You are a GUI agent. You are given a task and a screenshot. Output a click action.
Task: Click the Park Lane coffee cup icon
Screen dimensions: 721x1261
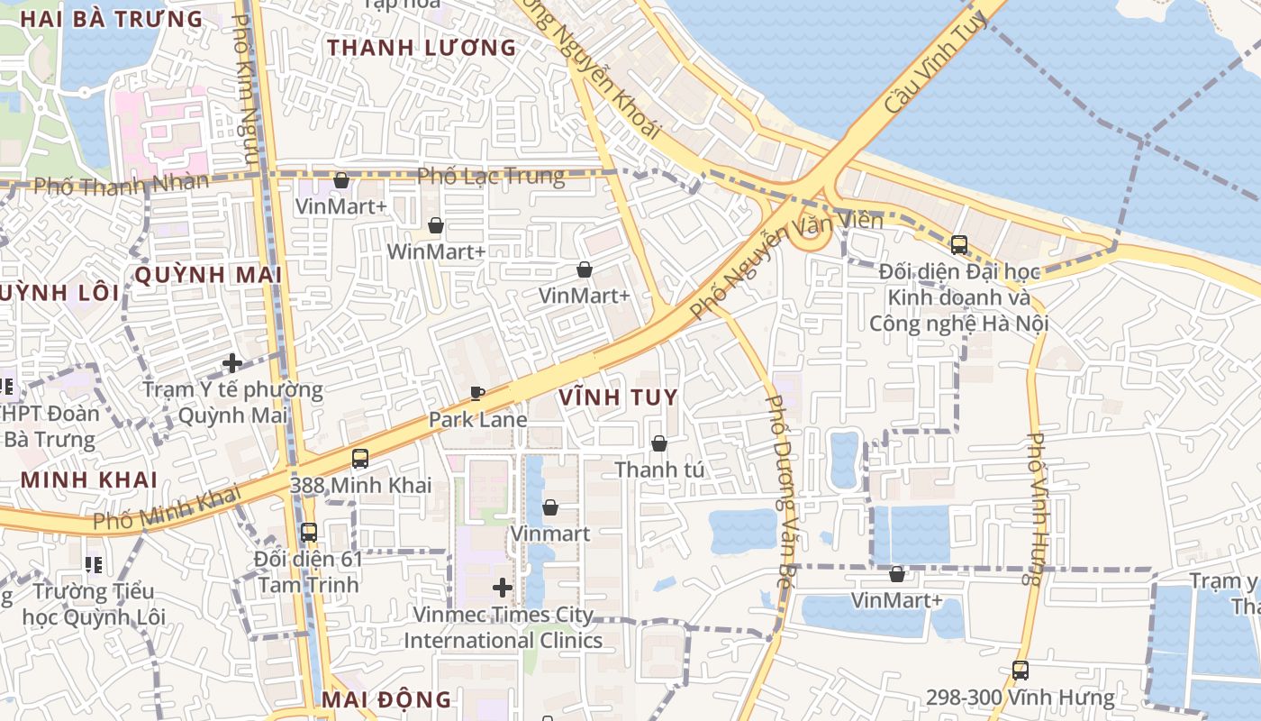click(477, 394)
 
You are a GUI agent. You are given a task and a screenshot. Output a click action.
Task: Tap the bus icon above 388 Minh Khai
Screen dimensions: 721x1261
click(360, 459)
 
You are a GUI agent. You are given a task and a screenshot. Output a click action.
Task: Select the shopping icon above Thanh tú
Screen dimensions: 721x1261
click(659, 443)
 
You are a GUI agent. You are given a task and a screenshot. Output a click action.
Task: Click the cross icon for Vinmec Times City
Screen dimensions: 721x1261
click(503, 589)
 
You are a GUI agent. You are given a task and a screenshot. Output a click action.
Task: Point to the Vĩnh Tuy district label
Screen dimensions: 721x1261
click(618, 397)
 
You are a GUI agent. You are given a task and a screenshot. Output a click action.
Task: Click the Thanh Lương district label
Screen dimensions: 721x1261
click(422, 48)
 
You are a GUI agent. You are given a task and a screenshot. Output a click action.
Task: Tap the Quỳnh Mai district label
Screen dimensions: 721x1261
click(208, 275)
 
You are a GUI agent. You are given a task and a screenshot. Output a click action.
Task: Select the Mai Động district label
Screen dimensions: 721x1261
click(386, 699)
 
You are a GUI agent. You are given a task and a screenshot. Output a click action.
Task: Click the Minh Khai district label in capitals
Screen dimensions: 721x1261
click(89, 479)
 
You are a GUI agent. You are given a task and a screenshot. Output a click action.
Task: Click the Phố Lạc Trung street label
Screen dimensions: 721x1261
click(491, 176)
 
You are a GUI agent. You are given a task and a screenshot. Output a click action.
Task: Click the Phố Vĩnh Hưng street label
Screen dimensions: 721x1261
click(1038, 509)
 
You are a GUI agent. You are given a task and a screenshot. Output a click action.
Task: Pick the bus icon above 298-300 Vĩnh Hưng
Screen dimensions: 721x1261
click(1020, 671)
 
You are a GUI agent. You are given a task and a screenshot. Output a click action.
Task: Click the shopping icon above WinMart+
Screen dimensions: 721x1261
click(436, 225)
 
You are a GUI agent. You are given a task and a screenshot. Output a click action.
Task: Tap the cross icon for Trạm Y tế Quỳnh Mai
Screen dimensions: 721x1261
click(232, 363)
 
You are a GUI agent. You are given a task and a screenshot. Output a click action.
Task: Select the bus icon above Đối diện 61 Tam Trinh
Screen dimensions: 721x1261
click(308, 533)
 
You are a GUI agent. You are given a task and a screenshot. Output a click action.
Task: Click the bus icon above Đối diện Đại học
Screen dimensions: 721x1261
click(958, 244)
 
